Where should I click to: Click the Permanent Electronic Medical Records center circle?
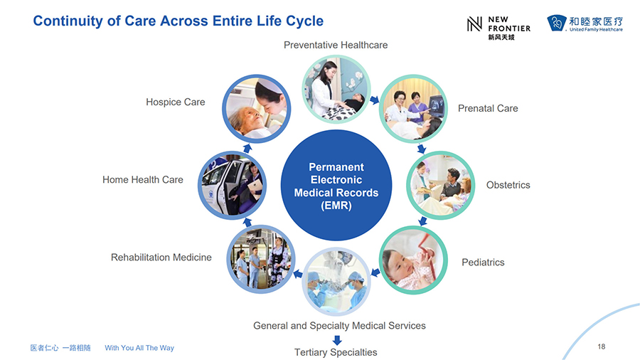[x=336, y=185]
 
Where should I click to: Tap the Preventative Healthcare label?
[x=336, y=45]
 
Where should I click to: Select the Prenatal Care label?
[x=488, y=108]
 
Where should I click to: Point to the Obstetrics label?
[x=508, y=185]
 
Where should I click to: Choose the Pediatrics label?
[x=483, y=262]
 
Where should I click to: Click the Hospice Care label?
[x=176, y=102]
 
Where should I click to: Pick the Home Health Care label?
[x=143, y=179]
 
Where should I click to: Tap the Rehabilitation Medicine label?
[x=161, y=257]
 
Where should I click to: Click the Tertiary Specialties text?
[x=336, y=352]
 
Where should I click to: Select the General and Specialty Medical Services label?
[x=339, y=326]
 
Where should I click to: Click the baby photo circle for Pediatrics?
[x=413, y=260]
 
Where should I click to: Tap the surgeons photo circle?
[x=336, y=282]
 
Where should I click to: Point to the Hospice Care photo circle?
[x=256, y=109]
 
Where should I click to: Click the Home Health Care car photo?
[x=233, y=185]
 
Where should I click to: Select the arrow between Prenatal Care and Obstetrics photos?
[x=421, y=148]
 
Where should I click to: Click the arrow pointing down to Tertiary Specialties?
[x=337, y=340]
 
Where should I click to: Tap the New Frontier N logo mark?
[x=475, y=24]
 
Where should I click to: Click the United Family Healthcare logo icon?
[x=557, y=23]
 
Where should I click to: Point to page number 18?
[x=601, y=346]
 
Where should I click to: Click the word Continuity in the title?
[x=68, y=21]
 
